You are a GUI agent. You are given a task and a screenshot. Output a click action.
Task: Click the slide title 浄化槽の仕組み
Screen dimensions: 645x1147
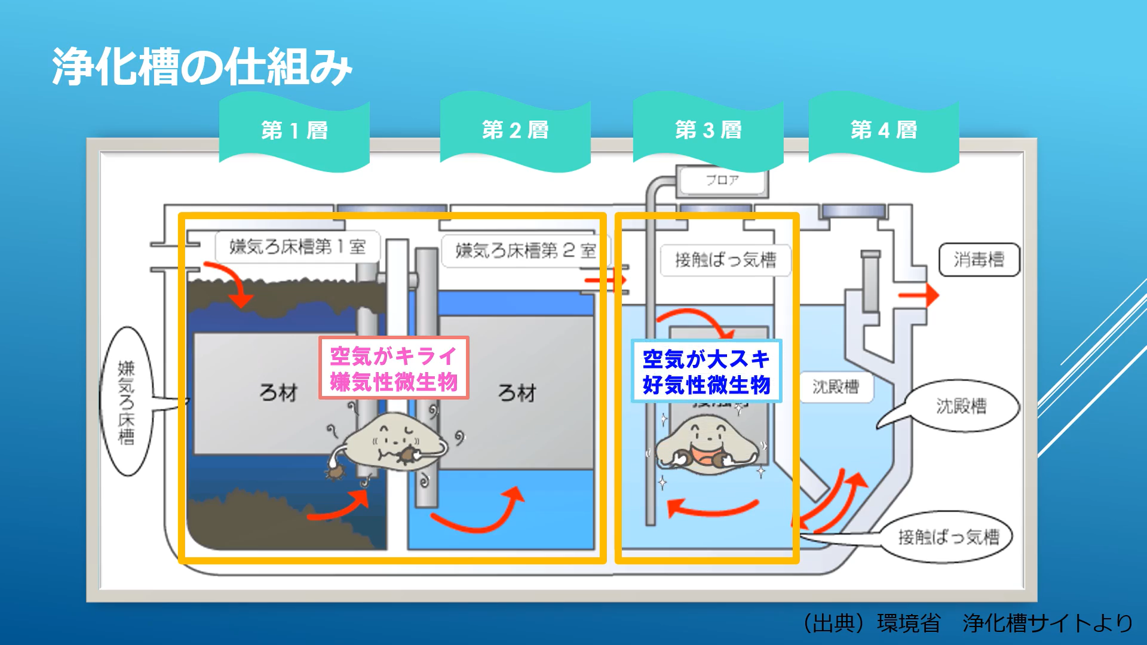[x=202, y=67]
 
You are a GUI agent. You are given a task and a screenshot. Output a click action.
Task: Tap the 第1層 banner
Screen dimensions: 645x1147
[x=295, y=130]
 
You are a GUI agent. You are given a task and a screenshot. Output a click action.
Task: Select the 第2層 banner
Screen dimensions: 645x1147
[x=515, y=130]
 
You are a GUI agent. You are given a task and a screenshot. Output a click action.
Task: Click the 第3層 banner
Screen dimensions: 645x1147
[x=708, y=130]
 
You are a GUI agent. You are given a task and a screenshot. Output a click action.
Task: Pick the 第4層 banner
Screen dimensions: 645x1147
[x=884, y=130]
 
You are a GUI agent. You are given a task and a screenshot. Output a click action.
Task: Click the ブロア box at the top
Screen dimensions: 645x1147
[x=722, y=180]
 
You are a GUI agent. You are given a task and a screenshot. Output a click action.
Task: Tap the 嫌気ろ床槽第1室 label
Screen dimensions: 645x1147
[x=297, y=247]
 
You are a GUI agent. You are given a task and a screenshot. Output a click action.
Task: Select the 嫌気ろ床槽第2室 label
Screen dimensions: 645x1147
[x=520, y=251]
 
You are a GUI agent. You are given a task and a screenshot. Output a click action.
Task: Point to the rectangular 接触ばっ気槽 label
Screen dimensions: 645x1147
[x=725, y=260]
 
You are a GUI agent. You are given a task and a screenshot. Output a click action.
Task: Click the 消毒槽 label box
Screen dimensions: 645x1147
[x=979, y=260]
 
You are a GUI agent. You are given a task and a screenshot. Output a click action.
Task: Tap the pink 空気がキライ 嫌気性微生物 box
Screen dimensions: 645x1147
[x=394, y=368]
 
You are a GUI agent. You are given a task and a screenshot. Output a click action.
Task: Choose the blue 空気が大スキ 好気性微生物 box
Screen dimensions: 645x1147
[x=706, y=371]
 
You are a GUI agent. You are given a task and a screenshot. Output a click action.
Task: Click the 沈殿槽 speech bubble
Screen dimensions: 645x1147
[x=960, y=407]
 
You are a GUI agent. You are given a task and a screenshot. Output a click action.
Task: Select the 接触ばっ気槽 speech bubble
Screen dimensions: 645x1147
[x=948, y=537]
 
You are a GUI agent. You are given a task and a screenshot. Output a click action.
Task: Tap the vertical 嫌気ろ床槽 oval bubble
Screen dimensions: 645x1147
[x=127, y=402]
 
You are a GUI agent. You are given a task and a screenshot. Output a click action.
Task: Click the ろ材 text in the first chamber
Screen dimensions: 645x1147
[x=278, y=393]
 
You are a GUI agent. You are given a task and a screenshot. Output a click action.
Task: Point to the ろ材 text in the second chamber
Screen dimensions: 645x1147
[x=517, y=393]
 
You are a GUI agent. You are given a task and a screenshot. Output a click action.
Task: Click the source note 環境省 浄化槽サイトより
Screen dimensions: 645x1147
[x=968, y=623]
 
